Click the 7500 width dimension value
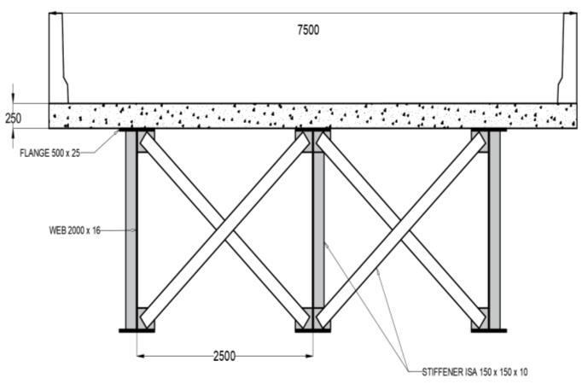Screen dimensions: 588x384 (x=307, y=30)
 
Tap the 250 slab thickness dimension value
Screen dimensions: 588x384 (x=13, y=118)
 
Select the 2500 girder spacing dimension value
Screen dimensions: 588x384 (x=224, y=354)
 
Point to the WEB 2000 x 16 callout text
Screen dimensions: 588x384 (x=75, y=230)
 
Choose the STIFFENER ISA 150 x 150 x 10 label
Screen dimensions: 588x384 (x=486, y=373)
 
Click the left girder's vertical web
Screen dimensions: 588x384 (x=131, y=230)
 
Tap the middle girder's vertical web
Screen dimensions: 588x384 (x=317, y=230)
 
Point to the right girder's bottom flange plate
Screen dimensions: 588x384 (x=488, y=330)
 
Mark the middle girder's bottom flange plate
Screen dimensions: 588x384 (x=312, y=330)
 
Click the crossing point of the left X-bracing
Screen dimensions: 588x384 (x=224, y=230)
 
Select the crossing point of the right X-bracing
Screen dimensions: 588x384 (x=400, y=230)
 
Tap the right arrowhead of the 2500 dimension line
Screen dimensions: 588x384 (x=310, y=354)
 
